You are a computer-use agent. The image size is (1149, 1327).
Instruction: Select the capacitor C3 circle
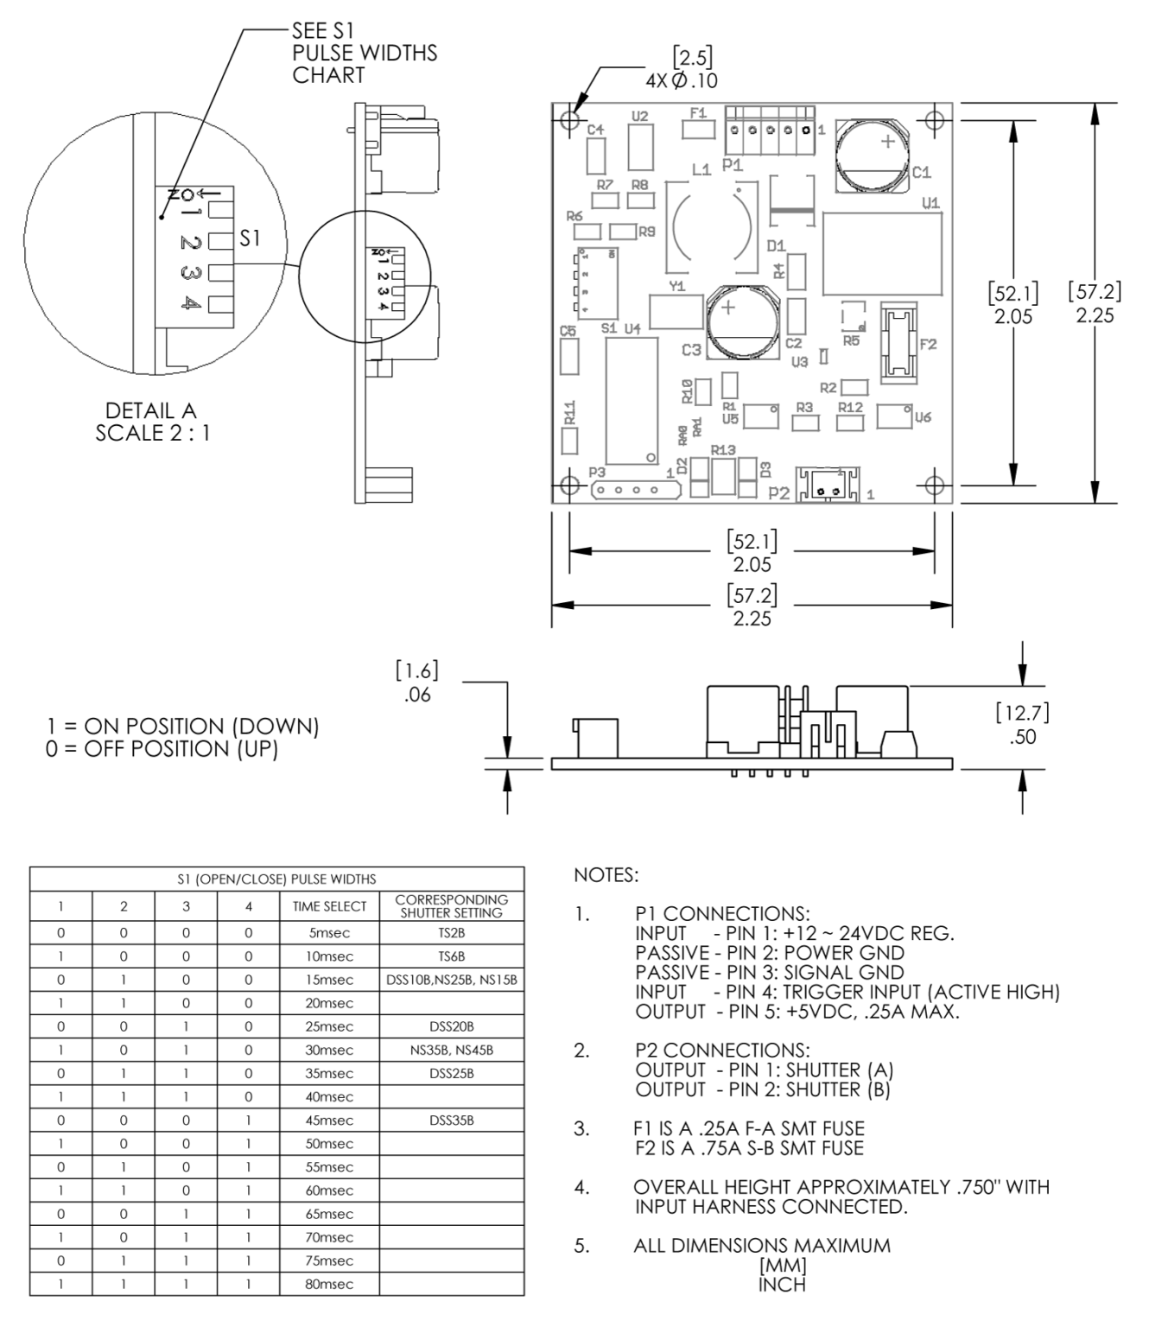[x=741, y=323]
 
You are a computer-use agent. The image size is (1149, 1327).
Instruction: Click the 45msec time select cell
[x=330, y=1121]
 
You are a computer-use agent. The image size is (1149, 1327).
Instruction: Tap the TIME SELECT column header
[x=330, y=906]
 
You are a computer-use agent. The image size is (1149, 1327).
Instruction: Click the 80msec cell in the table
[x=330, y=1284]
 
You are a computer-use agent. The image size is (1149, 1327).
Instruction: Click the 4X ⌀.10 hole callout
[x=682, y=81]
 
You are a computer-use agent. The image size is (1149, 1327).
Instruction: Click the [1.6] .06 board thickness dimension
[x=418, y=683]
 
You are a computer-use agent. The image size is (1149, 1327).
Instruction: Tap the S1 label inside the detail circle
[x=250, y=238]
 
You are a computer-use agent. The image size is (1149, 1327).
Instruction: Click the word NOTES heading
[x=606, y=876]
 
